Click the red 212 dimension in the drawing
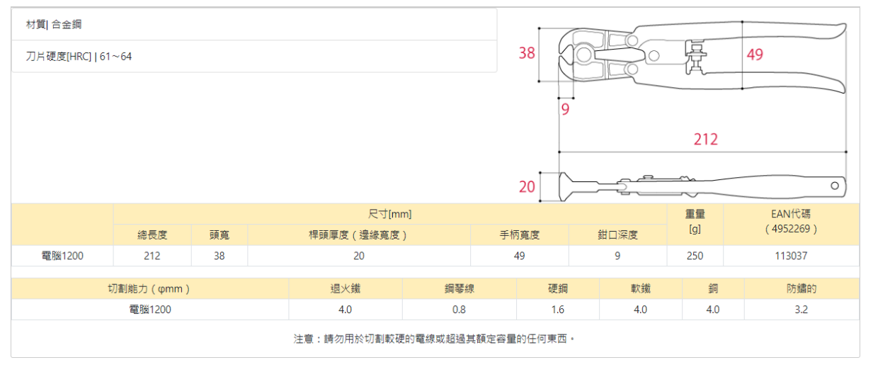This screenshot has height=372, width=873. click(705, 139)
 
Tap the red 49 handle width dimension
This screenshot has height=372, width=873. click(755, 55)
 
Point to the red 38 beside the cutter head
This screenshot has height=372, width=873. click(527, 53)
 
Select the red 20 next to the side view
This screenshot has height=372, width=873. click(527, 187)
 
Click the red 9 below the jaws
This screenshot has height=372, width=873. click(565, 109)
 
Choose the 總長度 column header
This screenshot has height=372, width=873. click(152, 235)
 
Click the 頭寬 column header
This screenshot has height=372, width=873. click(219, 235)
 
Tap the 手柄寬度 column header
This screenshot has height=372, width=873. click(520, 235)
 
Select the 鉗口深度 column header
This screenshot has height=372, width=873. click(617, 235)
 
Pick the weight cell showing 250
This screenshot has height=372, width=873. click(695, 256)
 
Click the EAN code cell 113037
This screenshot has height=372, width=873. click(791, 256)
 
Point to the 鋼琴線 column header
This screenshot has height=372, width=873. click(460, 289)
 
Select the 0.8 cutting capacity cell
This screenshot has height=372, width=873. click(460, 310)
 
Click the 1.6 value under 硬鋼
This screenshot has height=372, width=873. click(558, 310)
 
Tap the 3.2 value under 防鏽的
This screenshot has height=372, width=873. click(801, 310)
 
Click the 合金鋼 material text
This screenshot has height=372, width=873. click(67, 24)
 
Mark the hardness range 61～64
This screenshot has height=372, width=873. click(115, 57)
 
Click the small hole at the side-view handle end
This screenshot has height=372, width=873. click(835, 185)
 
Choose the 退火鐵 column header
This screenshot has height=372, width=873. click(346, 289)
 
